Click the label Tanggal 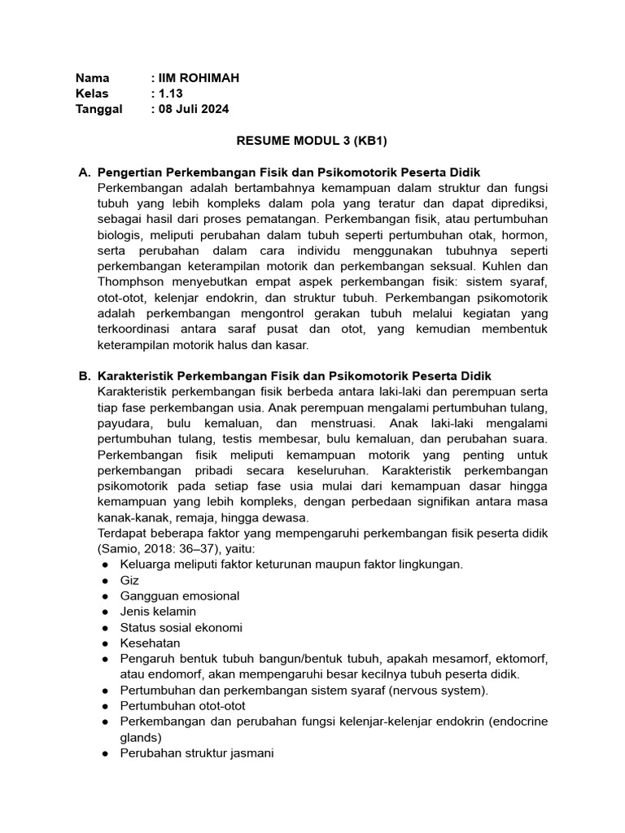[98, 109]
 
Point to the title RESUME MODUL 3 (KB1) [312, 141]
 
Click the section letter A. [83, 172]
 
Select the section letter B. [83, 376]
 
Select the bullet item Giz [129, 580]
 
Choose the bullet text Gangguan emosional [179, 595]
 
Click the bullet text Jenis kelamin [158, 611]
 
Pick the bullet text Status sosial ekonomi [181, 627]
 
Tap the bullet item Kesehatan [150, 643]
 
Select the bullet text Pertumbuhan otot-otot [182, 705]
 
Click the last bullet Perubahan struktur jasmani [197, 753]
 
